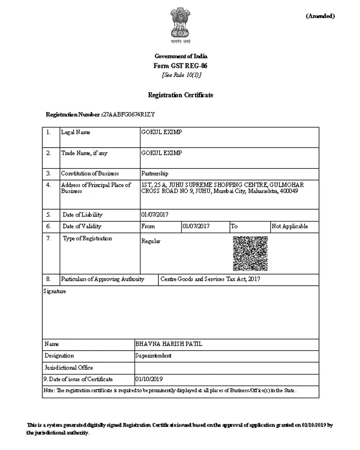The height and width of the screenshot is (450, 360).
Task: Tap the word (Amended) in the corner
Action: [320, 16]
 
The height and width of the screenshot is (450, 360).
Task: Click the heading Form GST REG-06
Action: [180, 66]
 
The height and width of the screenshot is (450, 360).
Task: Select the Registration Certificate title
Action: [180, 95]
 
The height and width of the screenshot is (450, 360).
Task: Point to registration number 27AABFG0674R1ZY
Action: [129, 114]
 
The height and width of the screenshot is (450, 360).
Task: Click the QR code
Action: [250, 254]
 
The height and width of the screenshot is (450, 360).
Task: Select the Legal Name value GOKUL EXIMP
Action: [162, 132]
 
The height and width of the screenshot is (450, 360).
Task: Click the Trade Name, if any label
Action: [84, 153]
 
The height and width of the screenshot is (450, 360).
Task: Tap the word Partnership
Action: [155, 174]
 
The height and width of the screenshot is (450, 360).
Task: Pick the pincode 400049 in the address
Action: [289, 191]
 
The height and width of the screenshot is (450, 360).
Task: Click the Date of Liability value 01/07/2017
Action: [155, 215]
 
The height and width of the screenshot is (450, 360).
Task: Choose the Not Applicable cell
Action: [290, 226]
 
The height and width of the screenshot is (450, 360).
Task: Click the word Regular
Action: [151, 241]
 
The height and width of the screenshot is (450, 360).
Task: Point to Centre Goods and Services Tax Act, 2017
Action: [210, 279]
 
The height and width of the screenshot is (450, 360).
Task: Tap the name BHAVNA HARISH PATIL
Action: [169, 344]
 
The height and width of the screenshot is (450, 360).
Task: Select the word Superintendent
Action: [153, 355]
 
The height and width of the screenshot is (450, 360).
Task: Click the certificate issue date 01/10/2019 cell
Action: [149, 379]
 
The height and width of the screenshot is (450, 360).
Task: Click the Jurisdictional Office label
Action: [69, 367]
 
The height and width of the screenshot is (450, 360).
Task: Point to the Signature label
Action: [54, 291]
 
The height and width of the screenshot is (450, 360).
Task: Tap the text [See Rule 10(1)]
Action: [181, 75]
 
